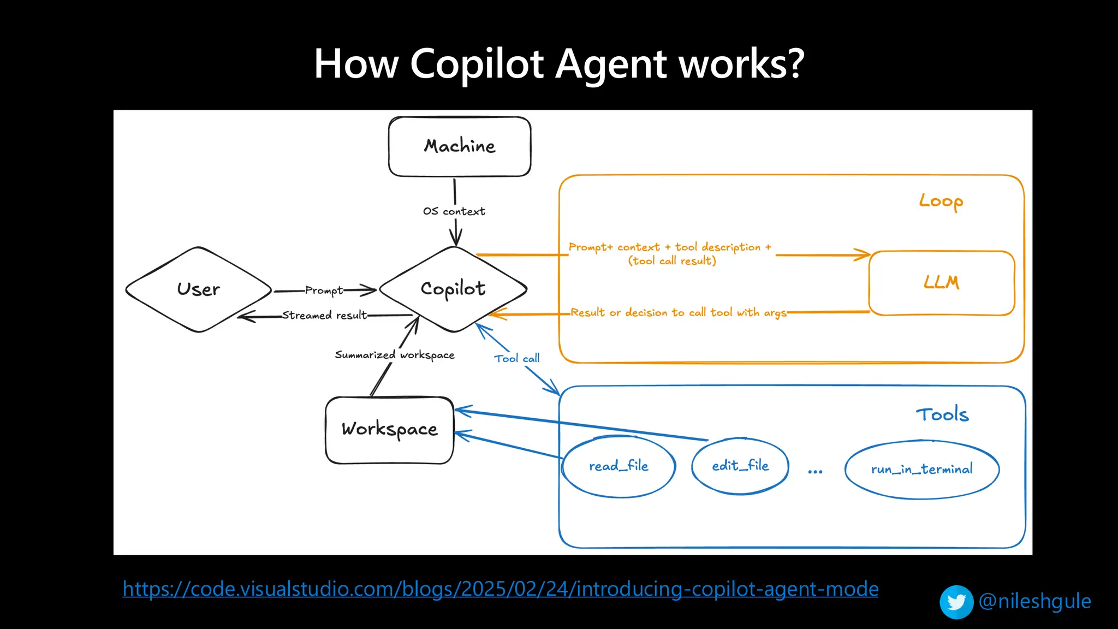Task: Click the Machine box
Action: click(x=460, y=146)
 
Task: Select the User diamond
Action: click(x=198, y=289)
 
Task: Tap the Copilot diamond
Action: click(x=453, y=289)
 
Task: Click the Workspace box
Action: click(x=389, y=430)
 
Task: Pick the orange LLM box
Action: click(x=941, y=283)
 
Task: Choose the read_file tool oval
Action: click(x=619, y=466)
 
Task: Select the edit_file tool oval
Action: click(x=740, y=466)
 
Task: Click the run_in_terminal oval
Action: click(x=921, y=469)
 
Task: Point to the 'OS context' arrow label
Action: click(x=454, y=211)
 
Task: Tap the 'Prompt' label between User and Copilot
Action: click(x=324, y=290)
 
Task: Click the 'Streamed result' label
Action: click(x=324, y=315)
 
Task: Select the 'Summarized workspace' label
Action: click(x=394, y=355)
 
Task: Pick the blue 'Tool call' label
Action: click(x=516, y=359)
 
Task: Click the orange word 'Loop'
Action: click(x=941, y=201)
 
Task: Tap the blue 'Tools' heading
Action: click(x=942, y=415)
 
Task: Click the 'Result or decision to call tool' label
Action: click(x=678, y=313)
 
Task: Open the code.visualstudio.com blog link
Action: click(x=500, y=589)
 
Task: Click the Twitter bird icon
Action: click(x=956, y=602)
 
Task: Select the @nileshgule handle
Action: click(x=1034, y=601)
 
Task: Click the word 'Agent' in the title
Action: click(x=611, y=64)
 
